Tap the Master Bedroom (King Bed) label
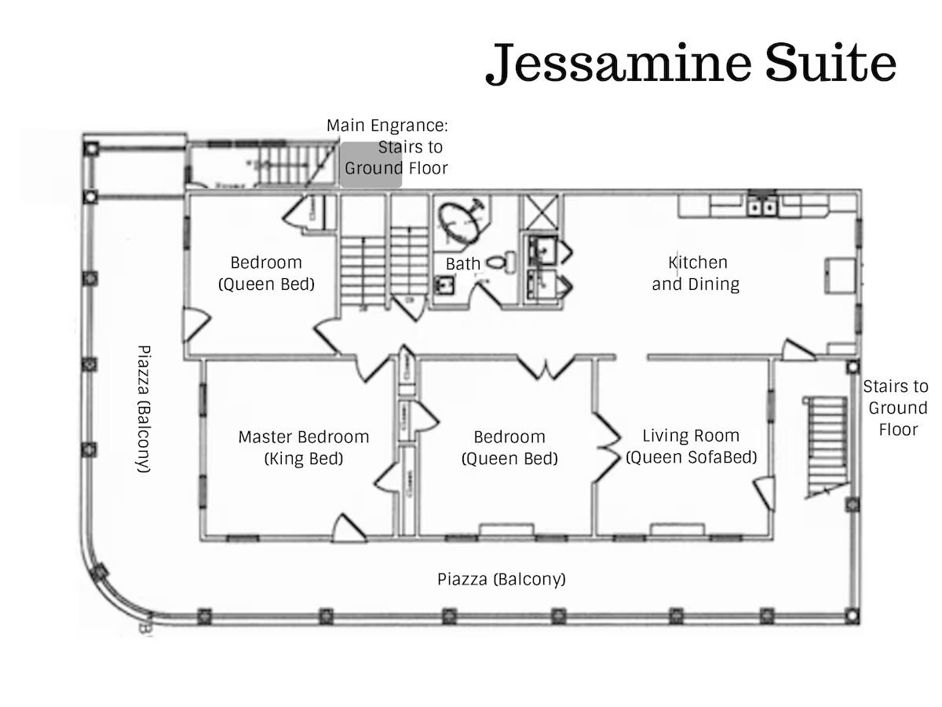[304, 447]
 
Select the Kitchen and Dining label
[696, 273]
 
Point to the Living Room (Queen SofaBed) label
[691, 446]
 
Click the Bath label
[463, 264]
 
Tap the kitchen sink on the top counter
[761, 207]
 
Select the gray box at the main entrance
[371, 165]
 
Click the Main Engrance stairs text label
[388, 147]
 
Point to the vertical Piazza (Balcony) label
[143, 408]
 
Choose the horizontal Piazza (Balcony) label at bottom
[501, 580]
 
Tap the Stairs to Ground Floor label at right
[896, 408]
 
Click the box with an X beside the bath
[542, 211]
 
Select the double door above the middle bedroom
[547, 368]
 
